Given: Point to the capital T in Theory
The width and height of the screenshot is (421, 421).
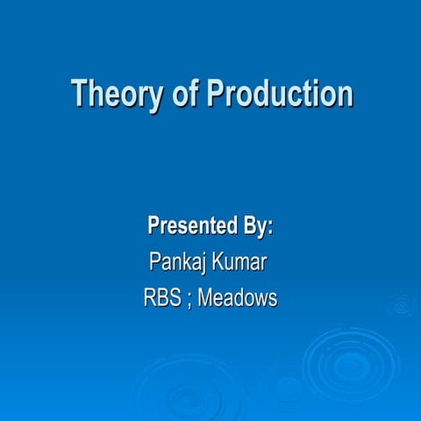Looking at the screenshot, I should tap(79, 92).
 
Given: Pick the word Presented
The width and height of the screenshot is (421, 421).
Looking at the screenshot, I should tap(189, 226).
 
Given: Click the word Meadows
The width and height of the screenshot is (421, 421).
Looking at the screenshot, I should tap(237, 298).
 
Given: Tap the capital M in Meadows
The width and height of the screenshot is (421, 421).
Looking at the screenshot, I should tap(205, 298).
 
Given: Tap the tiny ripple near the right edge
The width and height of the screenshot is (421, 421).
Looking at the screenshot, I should tap(403, 305).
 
